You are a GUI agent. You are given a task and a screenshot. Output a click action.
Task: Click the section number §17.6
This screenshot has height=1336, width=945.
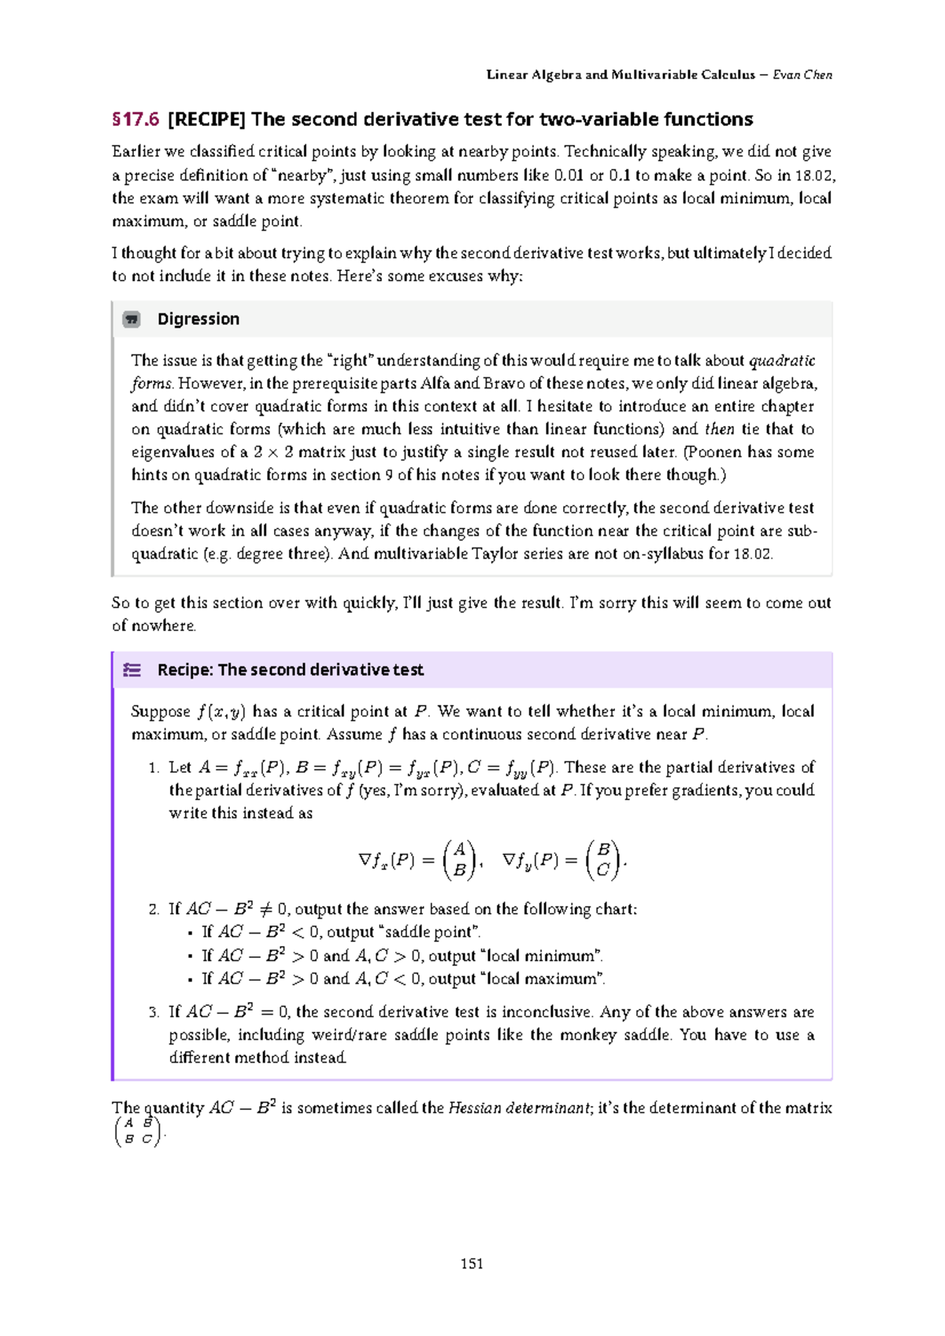[x=135, y=120]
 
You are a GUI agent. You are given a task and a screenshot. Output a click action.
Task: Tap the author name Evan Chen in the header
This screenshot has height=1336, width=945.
[x=802, y=75]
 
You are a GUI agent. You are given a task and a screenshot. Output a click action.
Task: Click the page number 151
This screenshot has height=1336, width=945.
[x=472, y=1264]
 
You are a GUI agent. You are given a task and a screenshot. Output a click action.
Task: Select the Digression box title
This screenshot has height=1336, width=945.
[x=198, y=319]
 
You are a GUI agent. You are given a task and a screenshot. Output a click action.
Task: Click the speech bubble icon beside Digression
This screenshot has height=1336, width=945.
[x=132, y=319]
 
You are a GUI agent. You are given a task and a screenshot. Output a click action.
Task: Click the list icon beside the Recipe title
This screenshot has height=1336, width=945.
[x=132, y=670]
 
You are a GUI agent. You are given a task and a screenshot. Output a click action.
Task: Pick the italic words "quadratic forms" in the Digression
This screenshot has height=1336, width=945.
[x=781, y=361]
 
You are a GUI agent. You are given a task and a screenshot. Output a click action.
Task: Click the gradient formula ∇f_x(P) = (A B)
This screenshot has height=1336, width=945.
[x=417, y=859]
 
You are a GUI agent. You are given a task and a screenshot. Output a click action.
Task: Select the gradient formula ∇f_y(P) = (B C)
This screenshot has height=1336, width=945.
[x=561, y=859]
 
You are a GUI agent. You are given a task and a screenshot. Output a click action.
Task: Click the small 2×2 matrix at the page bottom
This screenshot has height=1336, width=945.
[x=138, y=1131]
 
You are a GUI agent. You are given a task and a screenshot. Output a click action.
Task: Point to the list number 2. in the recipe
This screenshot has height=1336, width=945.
[x=154, y=909]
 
